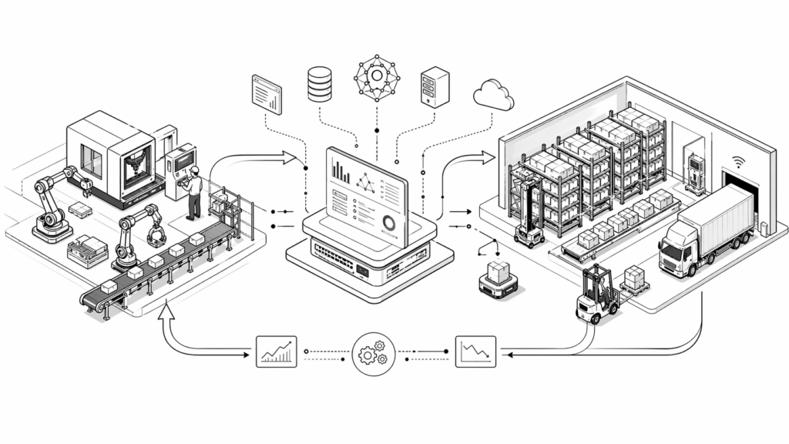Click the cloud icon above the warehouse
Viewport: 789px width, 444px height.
[493, 95]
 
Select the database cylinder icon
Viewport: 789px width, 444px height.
[319, 84]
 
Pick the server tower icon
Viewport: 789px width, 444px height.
[435, 86]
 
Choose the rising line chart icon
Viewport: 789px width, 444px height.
[277, 351]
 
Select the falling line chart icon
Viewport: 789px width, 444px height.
[475, 351]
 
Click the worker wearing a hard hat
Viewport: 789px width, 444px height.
[193, 190]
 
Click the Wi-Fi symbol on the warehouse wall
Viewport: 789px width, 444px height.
[740, 162]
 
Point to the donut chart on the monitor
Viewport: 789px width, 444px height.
[389, 224]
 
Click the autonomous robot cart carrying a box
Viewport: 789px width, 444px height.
[498, 279]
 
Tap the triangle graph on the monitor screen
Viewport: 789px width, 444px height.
[366, 183]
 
